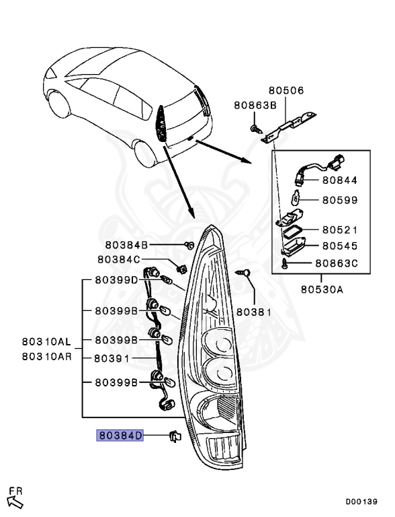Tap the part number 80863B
(x=255, y=105)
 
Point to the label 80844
(x=339, y=180)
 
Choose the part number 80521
(x=339, y=230)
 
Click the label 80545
(x=339, y=246)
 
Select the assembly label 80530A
(x=320, y=290)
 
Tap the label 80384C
(x=119, y=259)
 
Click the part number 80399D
(x=116, y=280)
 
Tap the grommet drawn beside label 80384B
(x=189, y=244)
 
